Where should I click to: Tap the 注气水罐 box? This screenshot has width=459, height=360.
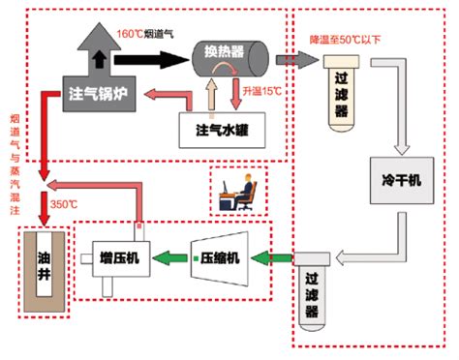[222, 129]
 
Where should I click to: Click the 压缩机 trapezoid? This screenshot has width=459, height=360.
[224, 257]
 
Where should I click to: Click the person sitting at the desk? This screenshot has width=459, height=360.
[240, 192]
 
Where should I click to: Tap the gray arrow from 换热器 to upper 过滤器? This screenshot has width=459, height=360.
[289, 59]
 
